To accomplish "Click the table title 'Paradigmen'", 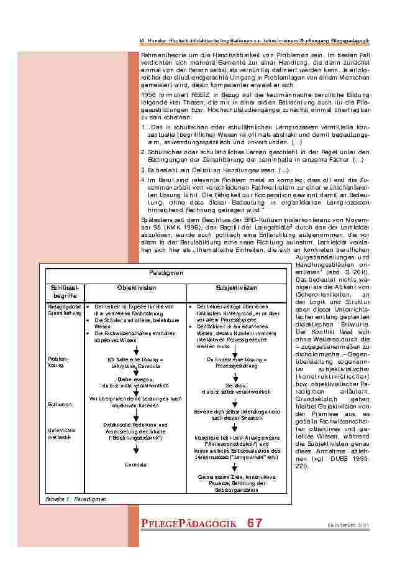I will click(x=166, y=273).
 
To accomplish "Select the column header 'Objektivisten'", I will click(x=135, y=288).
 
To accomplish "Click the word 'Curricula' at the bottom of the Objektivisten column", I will click(x=135, y=464).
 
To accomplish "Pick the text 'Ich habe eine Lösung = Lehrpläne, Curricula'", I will click(x=135, y=363).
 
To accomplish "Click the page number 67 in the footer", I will click(x=254, y=524).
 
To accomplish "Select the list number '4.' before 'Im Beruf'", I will click(x=143, y=179).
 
